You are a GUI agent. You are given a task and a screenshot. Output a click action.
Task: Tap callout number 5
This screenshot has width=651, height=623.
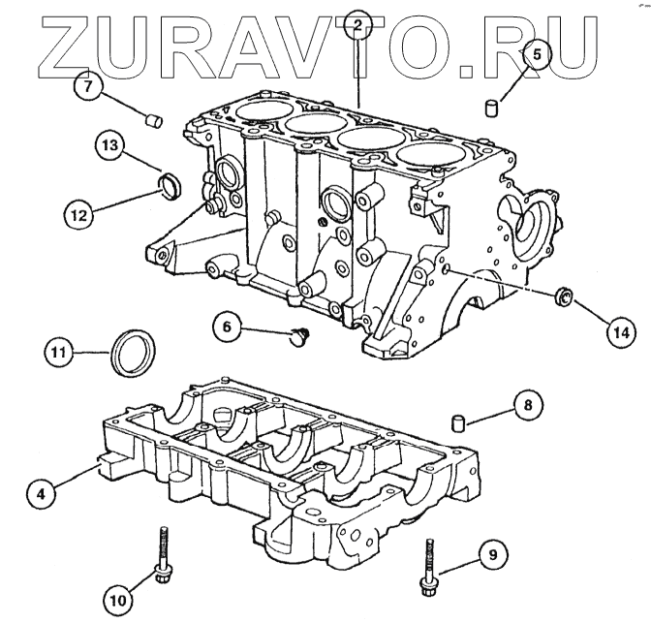click(x=539, y=55)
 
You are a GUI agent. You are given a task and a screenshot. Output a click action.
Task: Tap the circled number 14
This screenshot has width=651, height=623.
click(x=620, y=331)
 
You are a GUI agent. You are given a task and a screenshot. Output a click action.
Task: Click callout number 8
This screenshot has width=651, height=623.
click(x=527, y=406)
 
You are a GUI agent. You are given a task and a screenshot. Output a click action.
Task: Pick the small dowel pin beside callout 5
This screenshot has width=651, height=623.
click(x=491, y=105)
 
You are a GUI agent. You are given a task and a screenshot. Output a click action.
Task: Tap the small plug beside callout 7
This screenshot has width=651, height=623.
click(x=153, y=120)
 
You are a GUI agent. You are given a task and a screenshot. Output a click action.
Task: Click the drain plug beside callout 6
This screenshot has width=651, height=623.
click(x=298, y=336)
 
